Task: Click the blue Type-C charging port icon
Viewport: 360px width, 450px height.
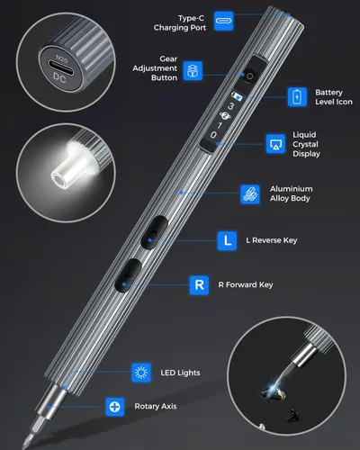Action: click(x=224, y=21)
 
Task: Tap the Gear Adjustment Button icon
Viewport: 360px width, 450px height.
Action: click(x=193, y=71)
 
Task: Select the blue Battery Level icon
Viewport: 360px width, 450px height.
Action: click(x=297, y=97)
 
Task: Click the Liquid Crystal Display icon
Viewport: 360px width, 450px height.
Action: click(x=275, y=144)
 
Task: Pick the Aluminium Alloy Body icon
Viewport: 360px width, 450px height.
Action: click(x=250, y=194)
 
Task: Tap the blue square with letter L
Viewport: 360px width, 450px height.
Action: click(x=227, y=240)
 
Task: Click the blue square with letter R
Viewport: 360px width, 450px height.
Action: click(x=199, y=285)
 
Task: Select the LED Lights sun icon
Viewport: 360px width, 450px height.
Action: click(x=141, y=373)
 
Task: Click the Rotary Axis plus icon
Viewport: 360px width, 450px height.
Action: click(x=114, y=407)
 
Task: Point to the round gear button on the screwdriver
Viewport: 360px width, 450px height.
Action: click(x=249, y=76)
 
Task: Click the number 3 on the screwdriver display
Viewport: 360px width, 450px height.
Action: click(x=230, y=106)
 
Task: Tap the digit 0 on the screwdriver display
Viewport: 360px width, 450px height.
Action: click(x=213, y=135)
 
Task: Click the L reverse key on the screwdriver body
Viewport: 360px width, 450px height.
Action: click(x=154, y=232)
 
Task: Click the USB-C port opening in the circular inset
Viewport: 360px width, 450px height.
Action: click(x=61, y=68)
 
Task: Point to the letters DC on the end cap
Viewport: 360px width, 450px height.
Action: click(x=59, y=77)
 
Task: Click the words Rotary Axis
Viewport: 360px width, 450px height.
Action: click(x=156, y=406)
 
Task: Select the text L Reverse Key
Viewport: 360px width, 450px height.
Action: click(x=272, y=240)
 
